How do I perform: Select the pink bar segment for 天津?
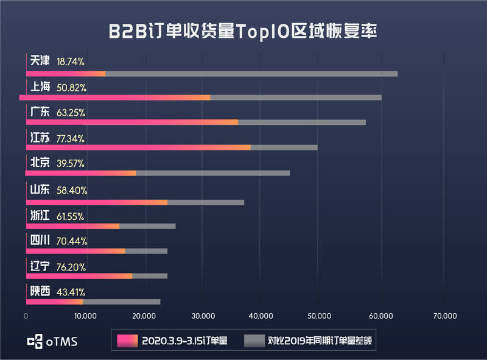point(66,74)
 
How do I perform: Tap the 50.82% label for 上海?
point(71,87)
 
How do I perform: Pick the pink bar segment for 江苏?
point(138,147)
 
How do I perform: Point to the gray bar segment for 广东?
point(302,122)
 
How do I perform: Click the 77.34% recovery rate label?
point(71,139)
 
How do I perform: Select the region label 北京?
point(40,163)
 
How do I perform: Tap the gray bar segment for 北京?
point(212,173)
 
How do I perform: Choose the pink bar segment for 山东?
point(97,202)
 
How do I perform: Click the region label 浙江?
point(40,215)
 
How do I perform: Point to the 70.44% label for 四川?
point(71,241)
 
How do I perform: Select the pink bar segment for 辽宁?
point(79,276)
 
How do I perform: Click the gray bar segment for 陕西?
point(121,302)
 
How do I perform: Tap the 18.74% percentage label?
point(71,62)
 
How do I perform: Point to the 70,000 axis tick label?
point(444,316)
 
